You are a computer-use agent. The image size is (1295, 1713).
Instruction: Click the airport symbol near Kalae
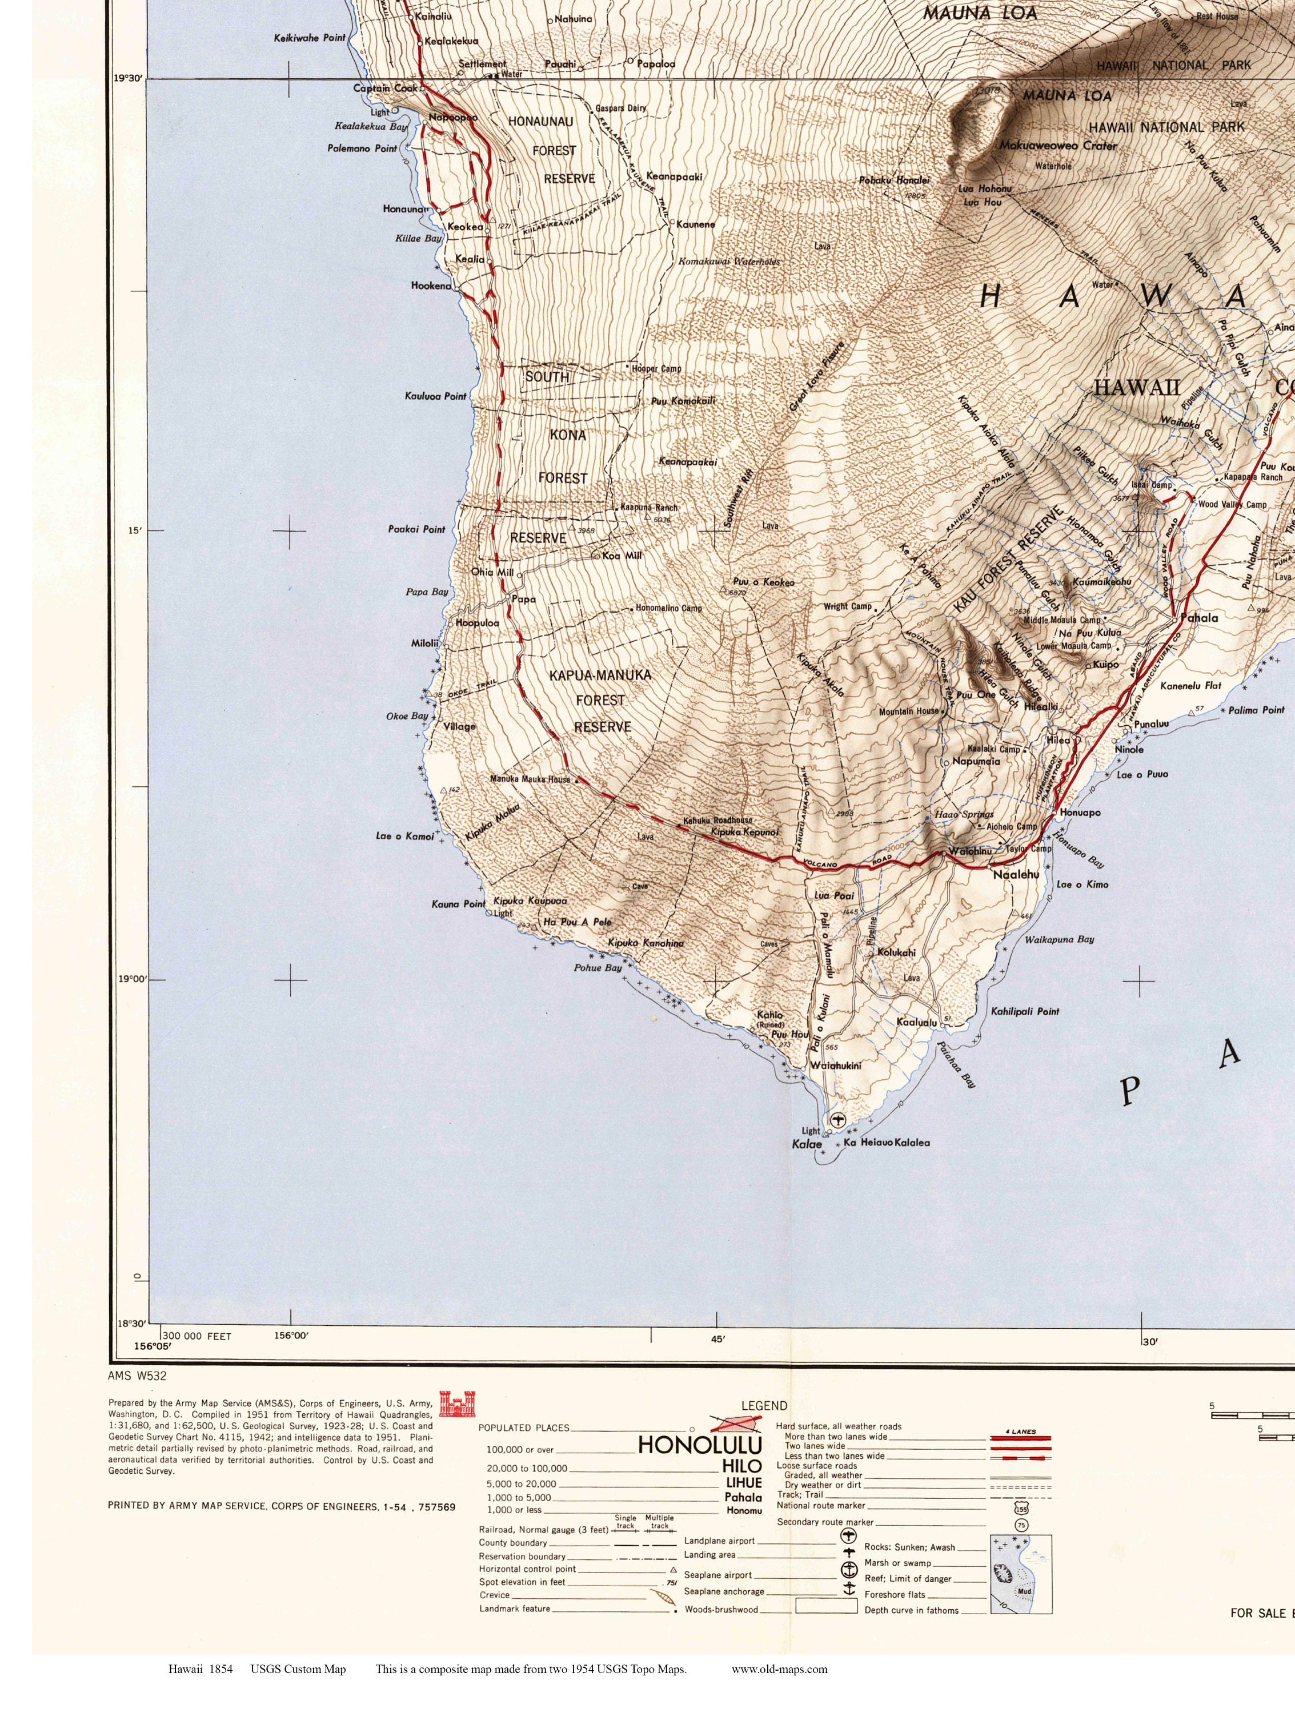pos(837,1120)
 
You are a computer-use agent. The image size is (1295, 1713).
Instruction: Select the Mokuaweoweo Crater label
pos(1057,146)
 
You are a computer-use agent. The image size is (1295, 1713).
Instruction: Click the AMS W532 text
pos(137,1376)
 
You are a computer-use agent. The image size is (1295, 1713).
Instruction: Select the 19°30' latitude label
pos(128,78)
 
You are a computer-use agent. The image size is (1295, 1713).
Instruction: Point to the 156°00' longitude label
pos(292,1335)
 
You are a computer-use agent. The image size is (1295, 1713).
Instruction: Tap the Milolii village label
pos(424,644)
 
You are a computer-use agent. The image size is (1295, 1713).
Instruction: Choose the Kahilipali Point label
pos(1025,1011)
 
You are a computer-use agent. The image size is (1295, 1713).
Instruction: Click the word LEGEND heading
pos(764,1406)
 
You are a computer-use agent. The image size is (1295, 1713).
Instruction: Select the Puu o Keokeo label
pos(764,582)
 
